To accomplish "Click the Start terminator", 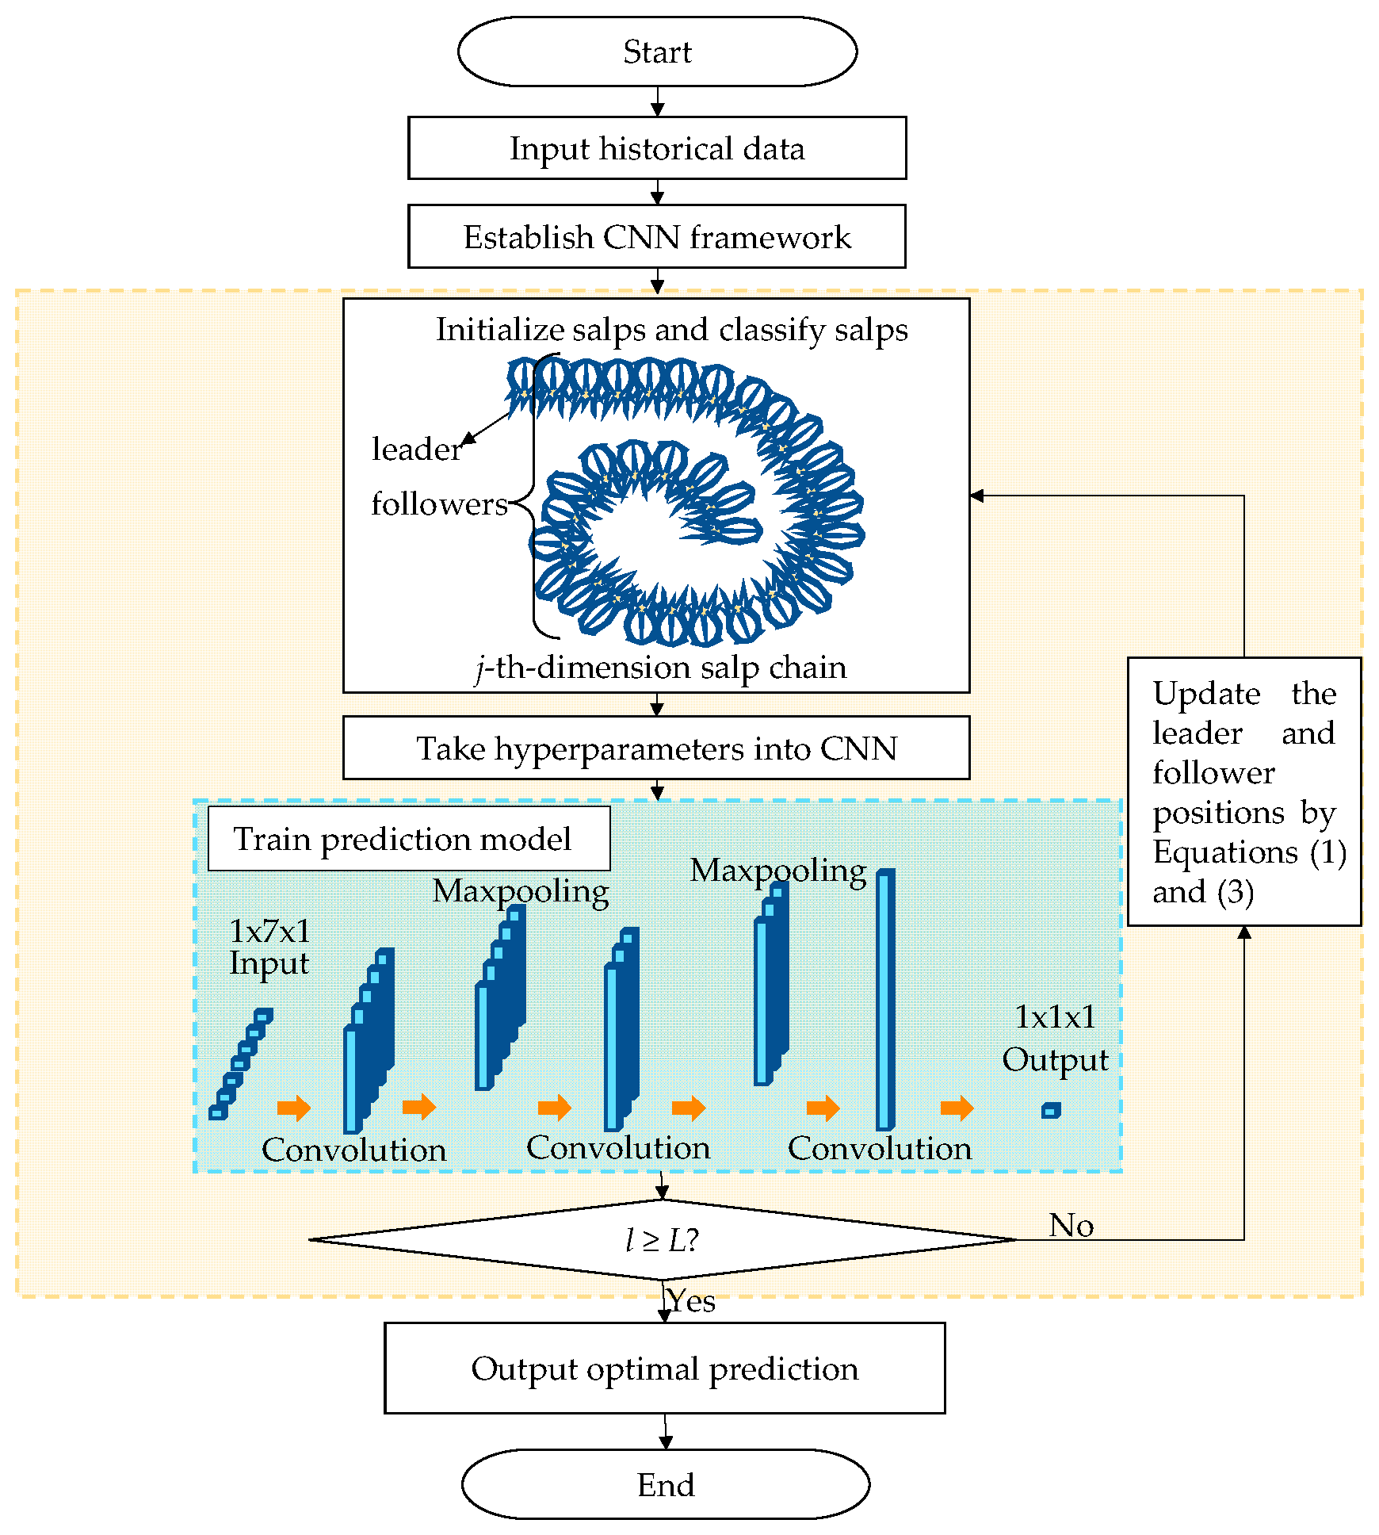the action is click(657, 52).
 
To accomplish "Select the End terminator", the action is click(665, 1484).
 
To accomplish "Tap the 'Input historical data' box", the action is click(657, 148).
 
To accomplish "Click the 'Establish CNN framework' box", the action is click(657, 236).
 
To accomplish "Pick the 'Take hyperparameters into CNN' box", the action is click(656, 748).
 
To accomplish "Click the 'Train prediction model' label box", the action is click(409, 839).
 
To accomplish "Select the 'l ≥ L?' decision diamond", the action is click(663, 1239).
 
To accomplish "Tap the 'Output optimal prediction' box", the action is click(665, 1368).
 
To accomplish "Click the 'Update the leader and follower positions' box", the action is click(1244, 791).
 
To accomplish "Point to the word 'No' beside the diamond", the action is click(1071, 1225).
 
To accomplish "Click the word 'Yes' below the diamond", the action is click(691, 1301).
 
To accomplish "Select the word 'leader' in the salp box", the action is click(417, 449).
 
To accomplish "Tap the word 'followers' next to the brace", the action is click(439, 503).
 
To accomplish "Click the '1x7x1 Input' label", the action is click(269, 947).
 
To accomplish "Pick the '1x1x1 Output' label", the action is click(1055, 1038).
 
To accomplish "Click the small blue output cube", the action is click(1051, 1111).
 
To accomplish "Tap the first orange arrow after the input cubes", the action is click(294, 1108).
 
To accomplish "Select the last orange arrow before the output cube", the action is click(957, 1108).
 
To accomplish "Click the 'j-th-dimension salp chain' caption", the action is click(661, 668).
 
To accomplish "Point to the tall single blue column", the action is click(885, 999).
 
